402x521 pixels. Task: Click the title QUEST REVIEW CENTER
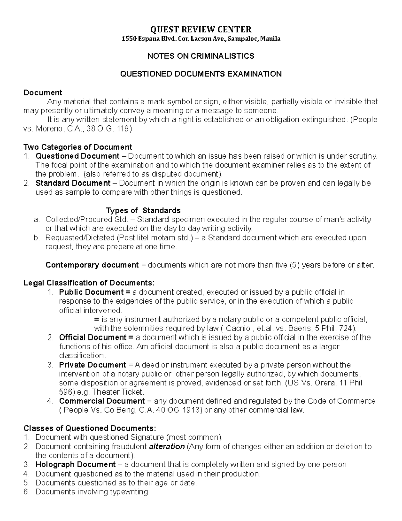tap(201, 29)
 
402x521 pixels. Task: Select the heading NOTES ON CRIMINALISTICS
tap(201, 56)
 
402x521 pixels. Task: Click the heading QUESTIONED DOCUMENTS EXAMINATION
tap(201, 74)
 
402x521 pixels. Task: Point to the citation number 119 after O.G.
tap(123, 129)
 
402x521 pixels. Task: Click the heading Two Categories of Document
tap(78, 147)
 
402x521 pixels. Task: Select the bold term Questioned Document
tap(77, 156)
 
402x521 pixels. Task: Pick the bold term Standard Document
tap(73, 183)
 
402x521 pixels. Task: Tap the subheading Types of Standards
tap(143, 210)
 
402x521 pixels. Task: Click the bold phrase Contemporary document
tap(92, 265)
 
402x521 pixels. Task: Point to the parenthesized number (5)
tap(294, 265)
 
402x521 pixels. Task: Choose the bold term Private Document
tap(92, 365)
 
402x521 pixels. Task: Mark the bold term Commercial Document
tap(102, 401)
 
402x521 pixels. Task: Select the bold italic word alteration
tap(167, 447)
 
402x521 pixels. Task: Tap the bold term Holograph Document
tap(75, 465)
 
